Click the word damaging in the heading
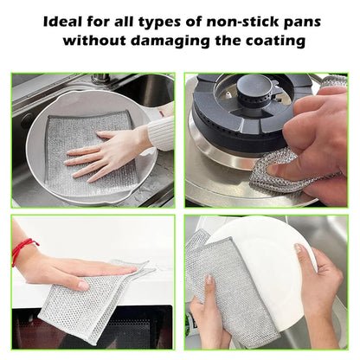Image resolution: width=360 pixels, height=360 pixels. point(170,41)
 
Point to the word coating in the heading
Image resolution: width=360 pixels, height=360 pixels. point(275,41)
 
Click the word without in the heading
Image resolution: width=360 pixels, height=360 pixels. point(94,40)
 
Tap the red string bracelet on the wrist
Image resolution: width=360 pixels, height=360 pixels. point(23,250)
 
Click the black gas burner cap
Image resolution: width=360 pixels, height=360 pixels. point(254,87)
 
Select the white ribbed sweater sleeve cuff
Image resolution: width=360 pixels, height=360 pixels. point(161,132)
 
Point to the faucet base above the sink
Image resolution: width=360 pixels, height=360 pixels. point(100,79)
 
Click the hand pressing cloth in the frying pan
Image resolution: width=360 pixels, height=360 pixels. point(110,153)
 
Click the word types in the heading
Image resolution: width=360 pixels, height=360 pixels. point(158,23)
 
